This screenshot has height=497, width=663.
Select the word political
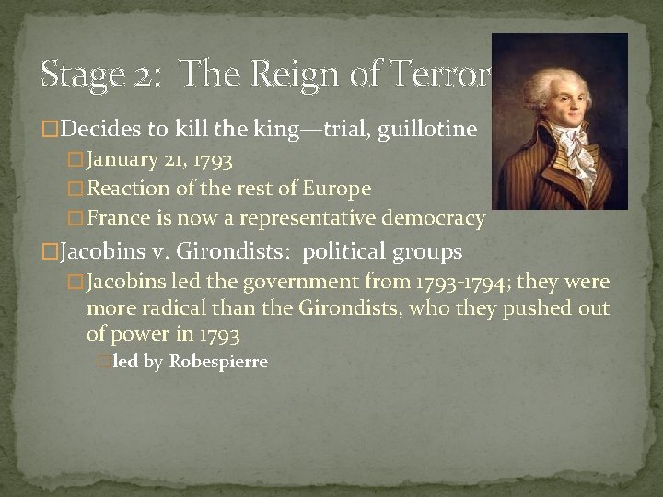pyautogui.click(x=347, y=251)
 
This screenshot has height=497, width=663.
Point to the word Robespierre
pyautogui.click(x=218, y=362)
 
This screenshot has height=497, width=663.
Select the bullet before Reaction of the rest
pyautogui.click(x=77, y=190)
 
